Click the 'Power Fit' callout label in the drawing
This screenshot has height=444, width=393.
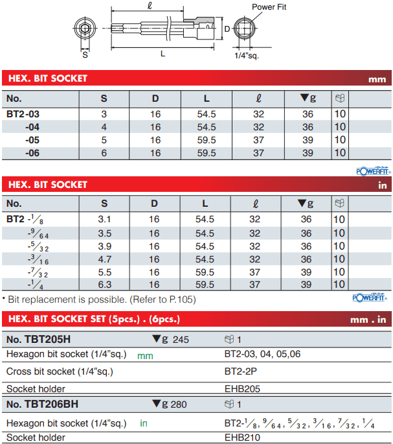coord(269,6)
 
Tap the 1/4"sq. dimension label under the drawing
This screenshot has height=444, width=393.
coord(247,56)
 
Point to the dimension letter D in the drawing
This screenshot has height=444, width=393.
coord(227,29)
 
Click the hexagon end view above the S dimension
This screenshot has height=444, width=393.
coord(85,29)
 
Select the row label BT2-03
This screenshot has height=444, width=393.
coord(23,114)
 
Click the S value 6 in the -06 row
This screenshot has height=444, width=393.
coord(104,153)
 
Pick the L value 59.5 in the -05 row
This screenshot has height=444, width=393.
coord(207,140)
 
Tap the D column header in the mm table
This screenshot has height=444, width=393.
coord(155,99)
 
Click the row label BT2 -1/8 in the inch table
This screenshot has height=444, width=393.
coord(25,220)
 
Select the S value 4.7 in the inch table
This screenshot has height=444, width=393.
coord(104,259)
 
